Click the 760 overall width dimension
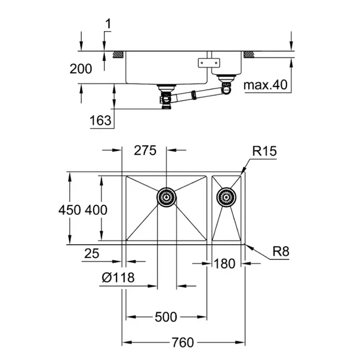tap(182, 342)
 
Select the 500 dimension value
tap(166, 317)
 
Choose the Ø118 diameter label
tap(118, 277)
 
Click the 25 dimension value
tap(91, 254)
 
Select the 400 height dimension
tap(96, 210)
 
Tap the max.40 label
tap(266, 85)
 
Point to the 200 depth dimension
tap(81, 69)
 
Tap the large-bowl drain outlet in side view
tap(165, 98)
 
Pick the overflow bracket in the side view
tap(209, 61)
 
